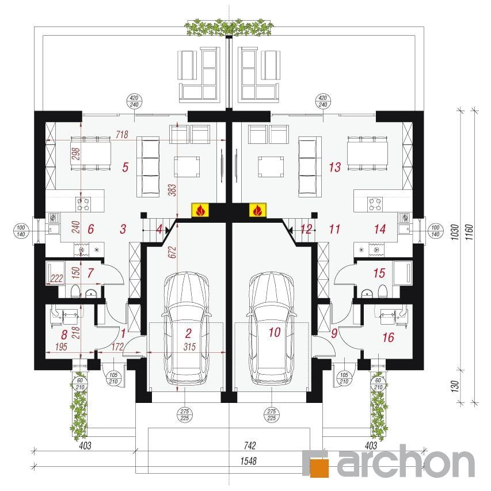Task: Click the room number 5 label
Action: point(125,167)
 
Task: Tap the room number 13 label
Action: point(335,167)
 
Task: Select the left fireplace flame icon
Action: point(200,210)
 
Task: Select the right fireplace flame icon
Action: point(258,210)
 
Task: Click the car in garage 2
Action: point(186,329)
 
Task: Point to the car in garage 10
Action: point(272,329)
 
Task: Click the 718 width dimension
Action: point(122,134)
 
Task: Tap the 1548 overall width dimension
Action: point(248,461)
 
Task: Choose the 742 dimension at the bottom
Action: point(250,446)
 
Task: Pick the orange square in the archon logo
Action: point(319,468)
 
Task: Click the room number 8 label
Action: point(64,335)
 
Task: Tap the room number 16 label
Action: point(389,337)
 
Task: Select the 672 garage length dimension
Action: point(173,252)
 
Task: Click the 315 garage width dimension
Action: point(190,347)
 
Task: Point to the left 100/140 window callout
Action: point(21,231)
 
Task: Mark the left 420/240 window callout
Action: point(134,101)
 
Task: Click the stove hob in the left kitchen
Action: point(83,204)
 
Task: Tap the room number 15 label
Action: point(379,273)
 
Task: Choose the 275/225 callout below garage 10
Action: point(272,414)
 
